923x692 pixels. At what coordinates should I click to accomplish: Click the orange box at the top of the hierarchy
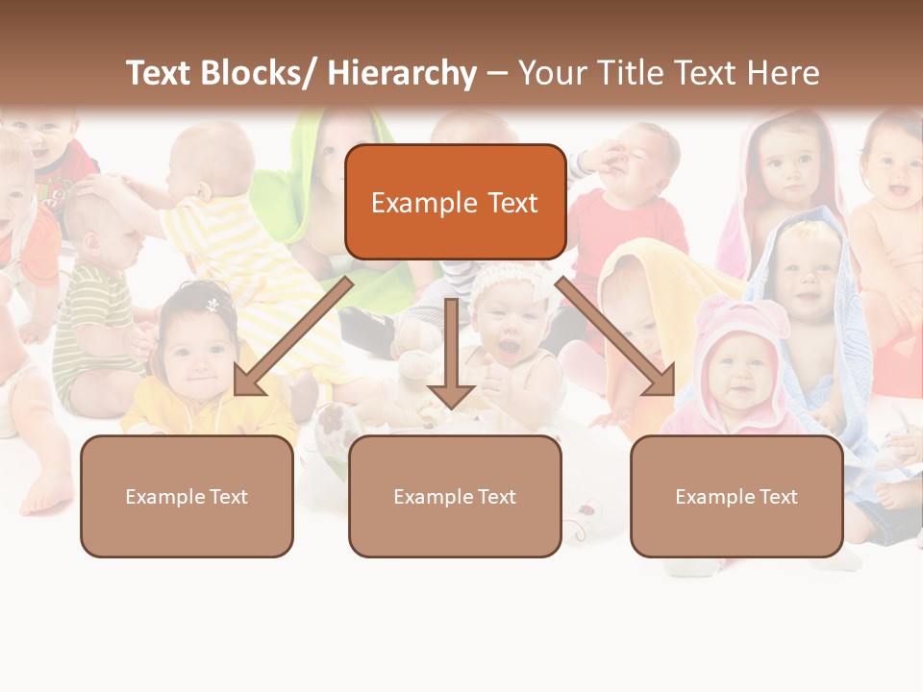(455, 202)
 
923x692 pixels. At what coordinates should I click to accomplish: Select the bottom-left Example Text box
(187, 496)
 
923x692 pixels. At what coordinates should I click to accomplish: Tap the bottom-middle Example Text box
(455, 496)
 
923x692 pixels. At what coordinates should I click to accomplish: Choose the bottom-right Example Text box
(736, 496)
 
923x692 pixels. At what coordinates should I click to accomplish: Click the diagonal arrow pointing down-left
(288, 341)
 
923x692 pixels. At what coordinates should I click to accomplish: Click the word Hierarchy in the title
(402, 73)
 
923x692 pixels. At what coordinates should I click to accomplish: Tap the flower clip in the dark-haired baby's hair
(212, 305)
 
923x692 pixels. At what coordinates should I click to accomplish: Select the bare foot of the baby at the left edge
(48, 495)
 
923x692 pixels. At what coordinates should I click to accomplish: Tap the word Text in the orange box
(510, 202)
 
